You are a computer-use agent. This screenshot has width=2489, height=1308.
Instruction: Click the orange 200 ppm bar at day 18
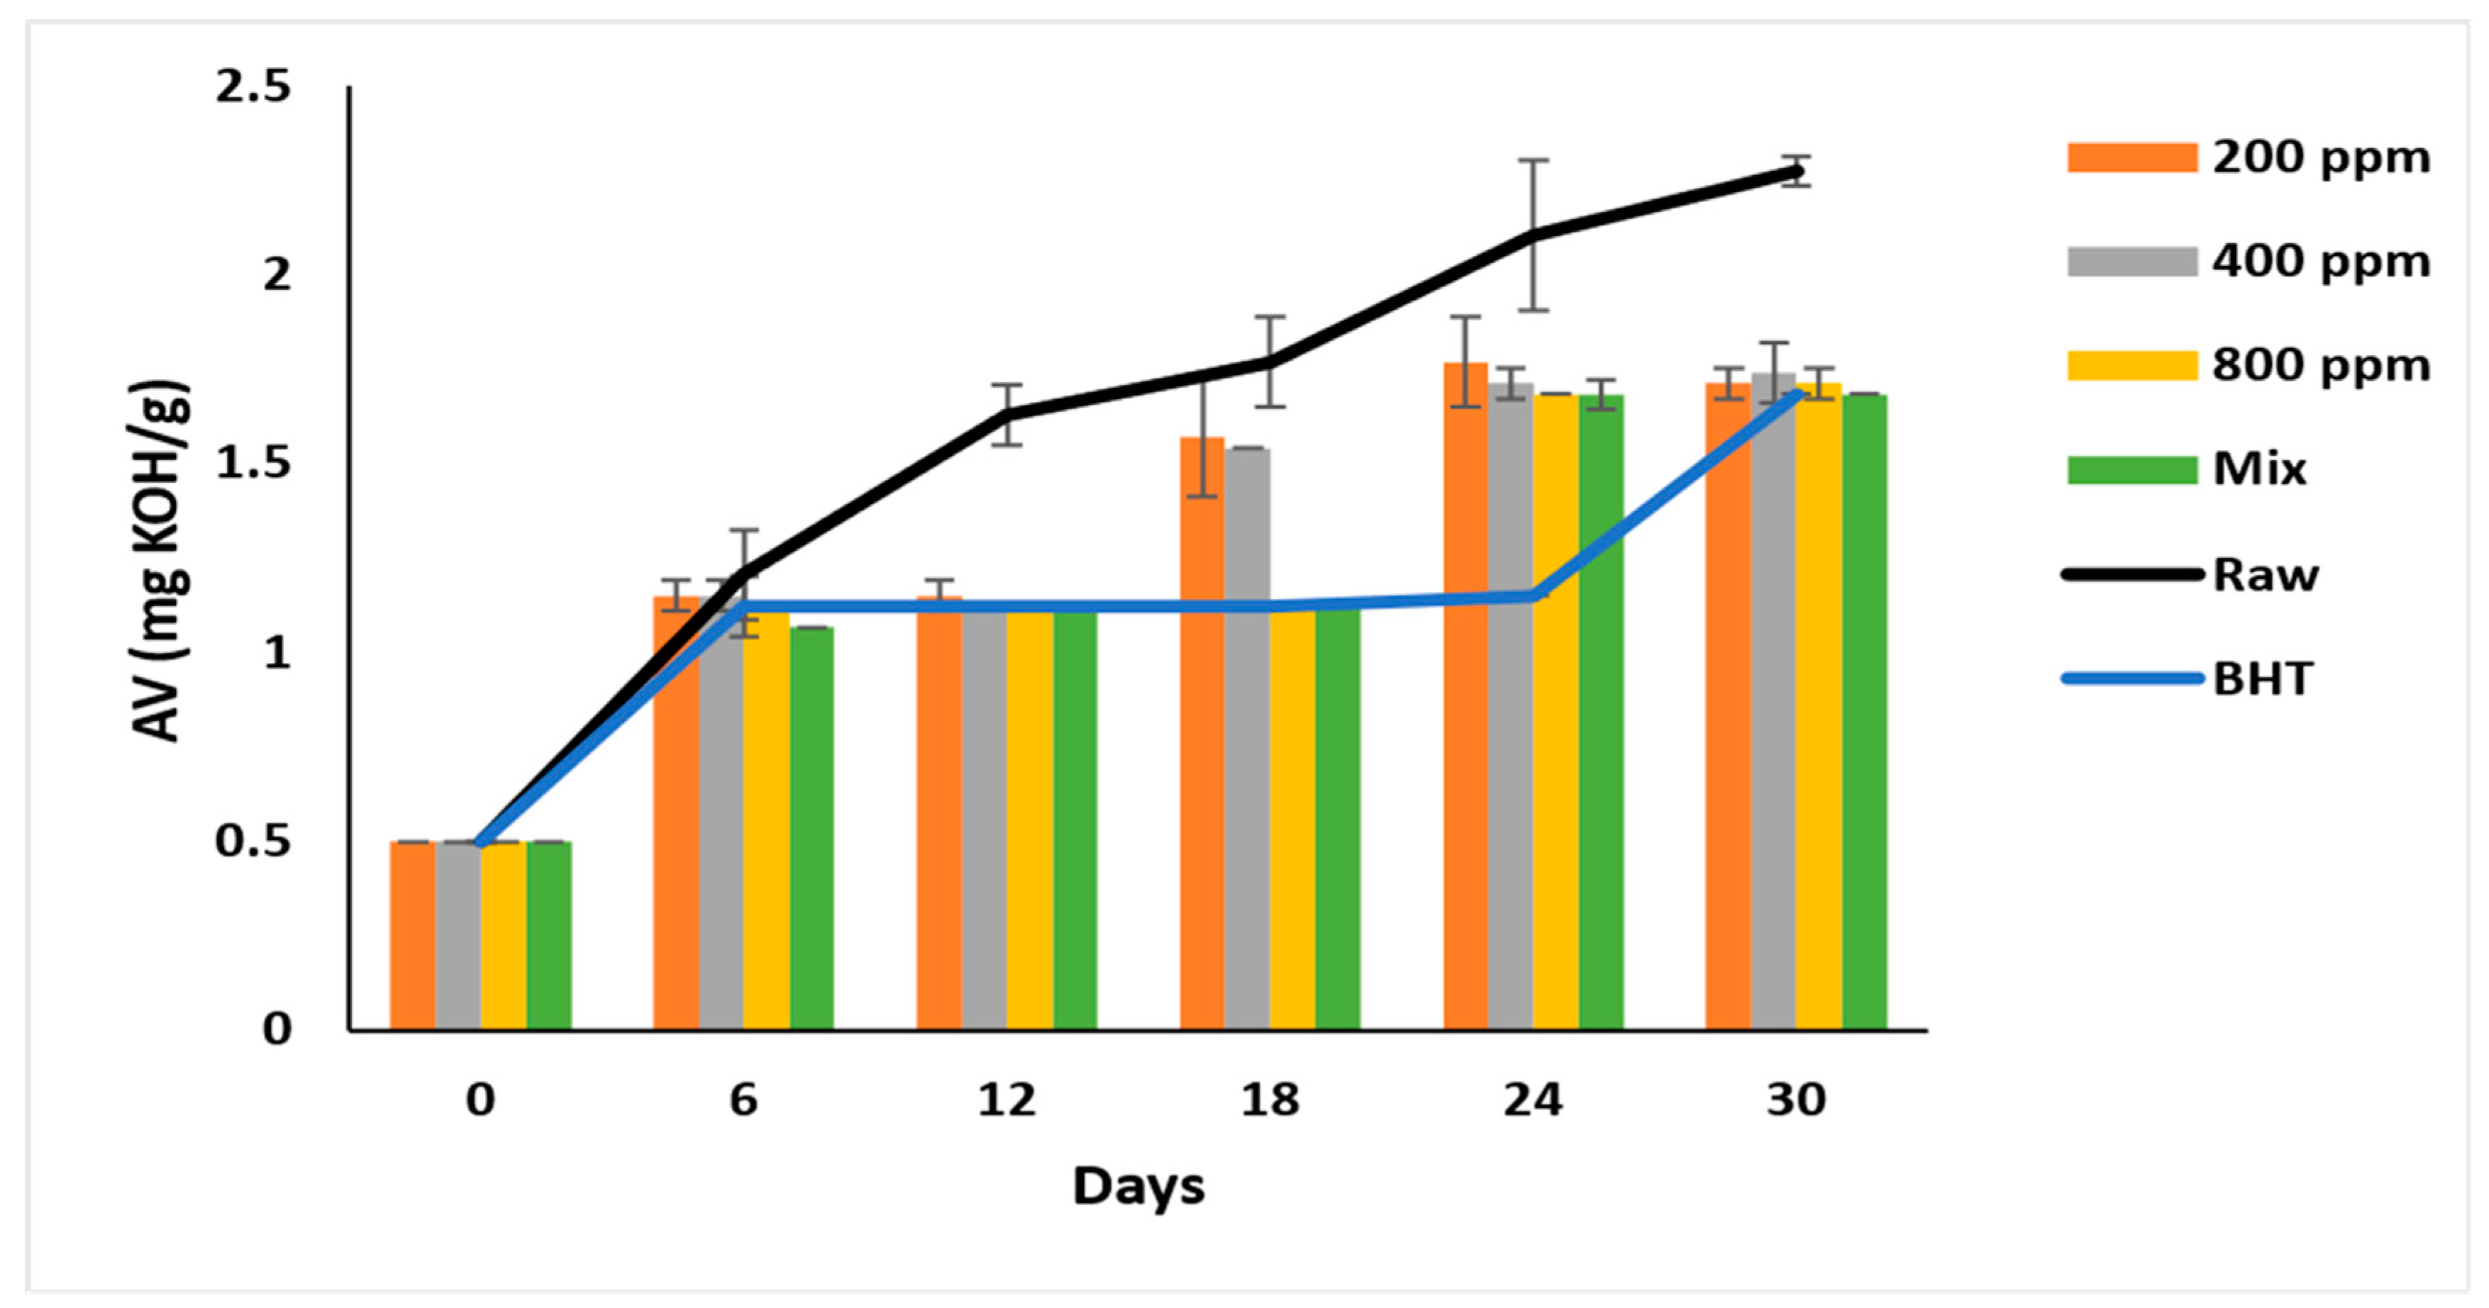[x=1202, y=734]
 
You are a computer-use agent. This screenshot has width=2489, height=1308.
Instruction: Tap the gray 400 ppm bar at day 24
[x=1510, y=705]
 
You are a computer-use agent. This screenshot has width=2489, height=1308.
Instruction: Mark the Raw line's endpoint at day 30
[x=1795, y=171]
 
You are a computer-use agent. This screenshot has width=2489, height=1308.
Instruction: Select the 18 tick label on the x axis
[x=1270, y=1100]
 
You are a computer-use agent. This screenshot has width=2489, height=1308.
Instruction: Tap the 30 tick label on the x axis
[x=1795, y=1100]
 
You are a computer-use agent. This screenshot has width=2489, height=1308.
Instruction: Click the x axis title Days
[x=1138, y=1186]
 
